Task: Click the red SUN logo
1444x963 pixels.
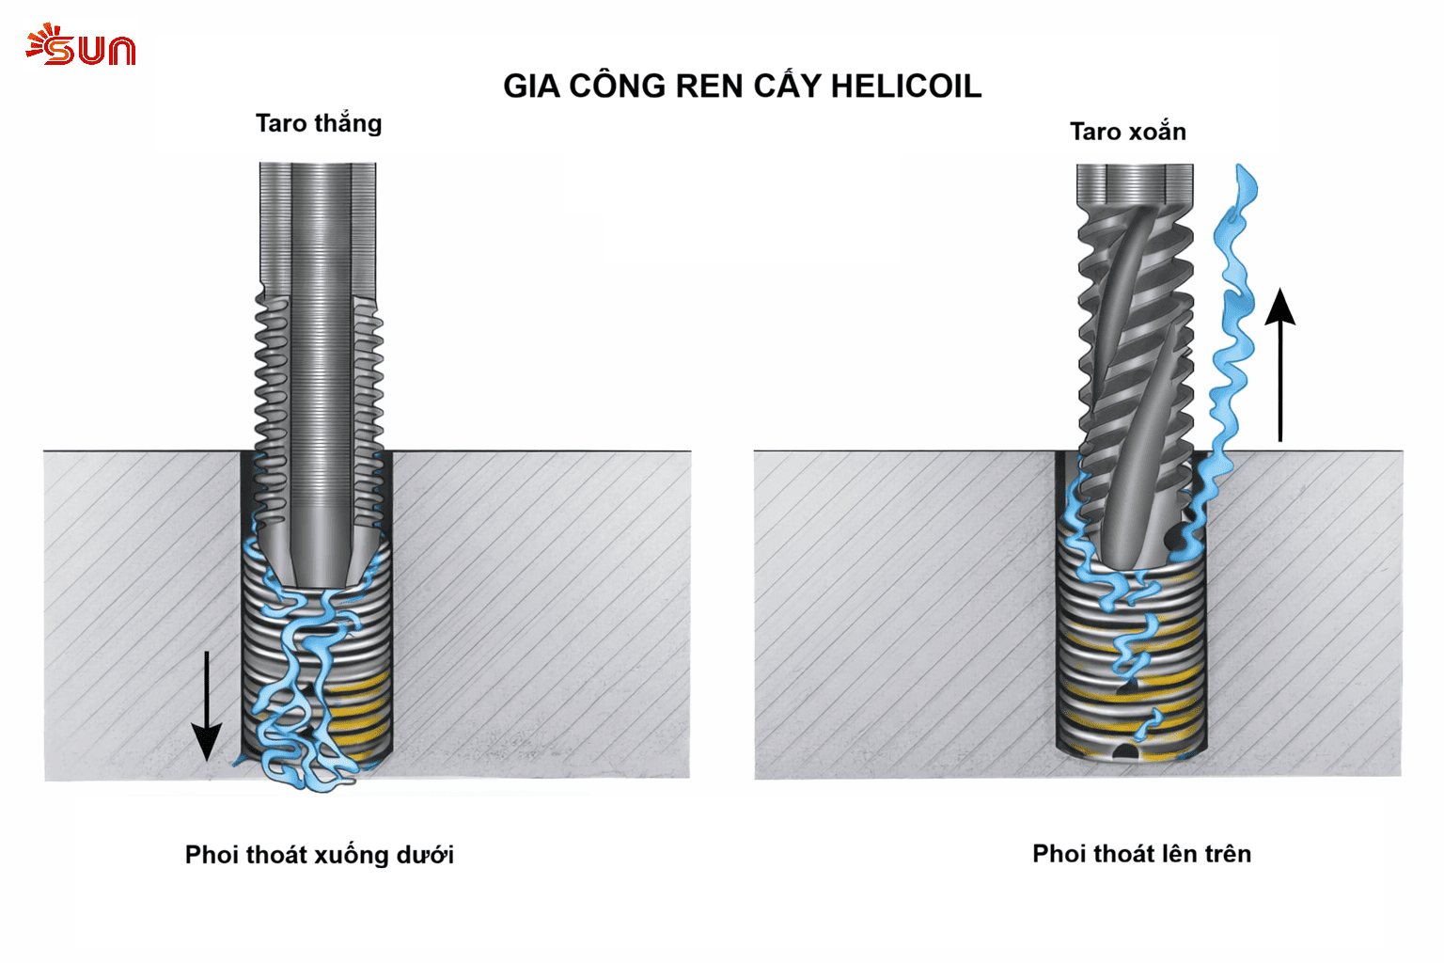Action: pyautogui.click(x=81, y=45)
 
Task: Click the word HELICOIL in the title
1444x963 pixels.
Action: pyautogui.click(x=905, y=87)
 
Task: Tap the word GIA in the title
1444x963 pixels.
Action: pyautogui.click(x=531, y=87)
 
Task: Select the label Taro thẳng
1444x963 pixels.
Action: pyautogui.click(x=319, y=124)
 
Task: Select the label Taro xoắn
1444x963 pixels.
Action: pyautogui.click(x=1127, y=132)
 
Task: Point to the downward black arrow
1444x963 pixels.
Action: pyautogui.click(x=206, y=705)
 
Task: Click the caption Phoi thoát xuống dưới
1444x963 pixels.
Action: pyautogui.click(x=319, y=855)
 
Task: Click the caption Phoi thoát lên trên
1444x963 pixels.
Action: pyautogui.click(x=1141, y=854)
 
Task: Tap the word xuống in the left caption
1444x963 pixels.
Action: pyautogui.click(x=351, y=855)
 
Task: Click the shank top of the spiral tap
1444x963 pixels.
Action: pyautogui.click(x=1135, y=183)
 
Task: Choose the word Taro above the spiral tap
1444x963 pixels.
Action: pyautogui.click(x=1094, y=132)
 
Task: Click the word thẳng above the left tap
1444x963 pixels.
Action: pyautogui.click(x=348, y=124)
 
